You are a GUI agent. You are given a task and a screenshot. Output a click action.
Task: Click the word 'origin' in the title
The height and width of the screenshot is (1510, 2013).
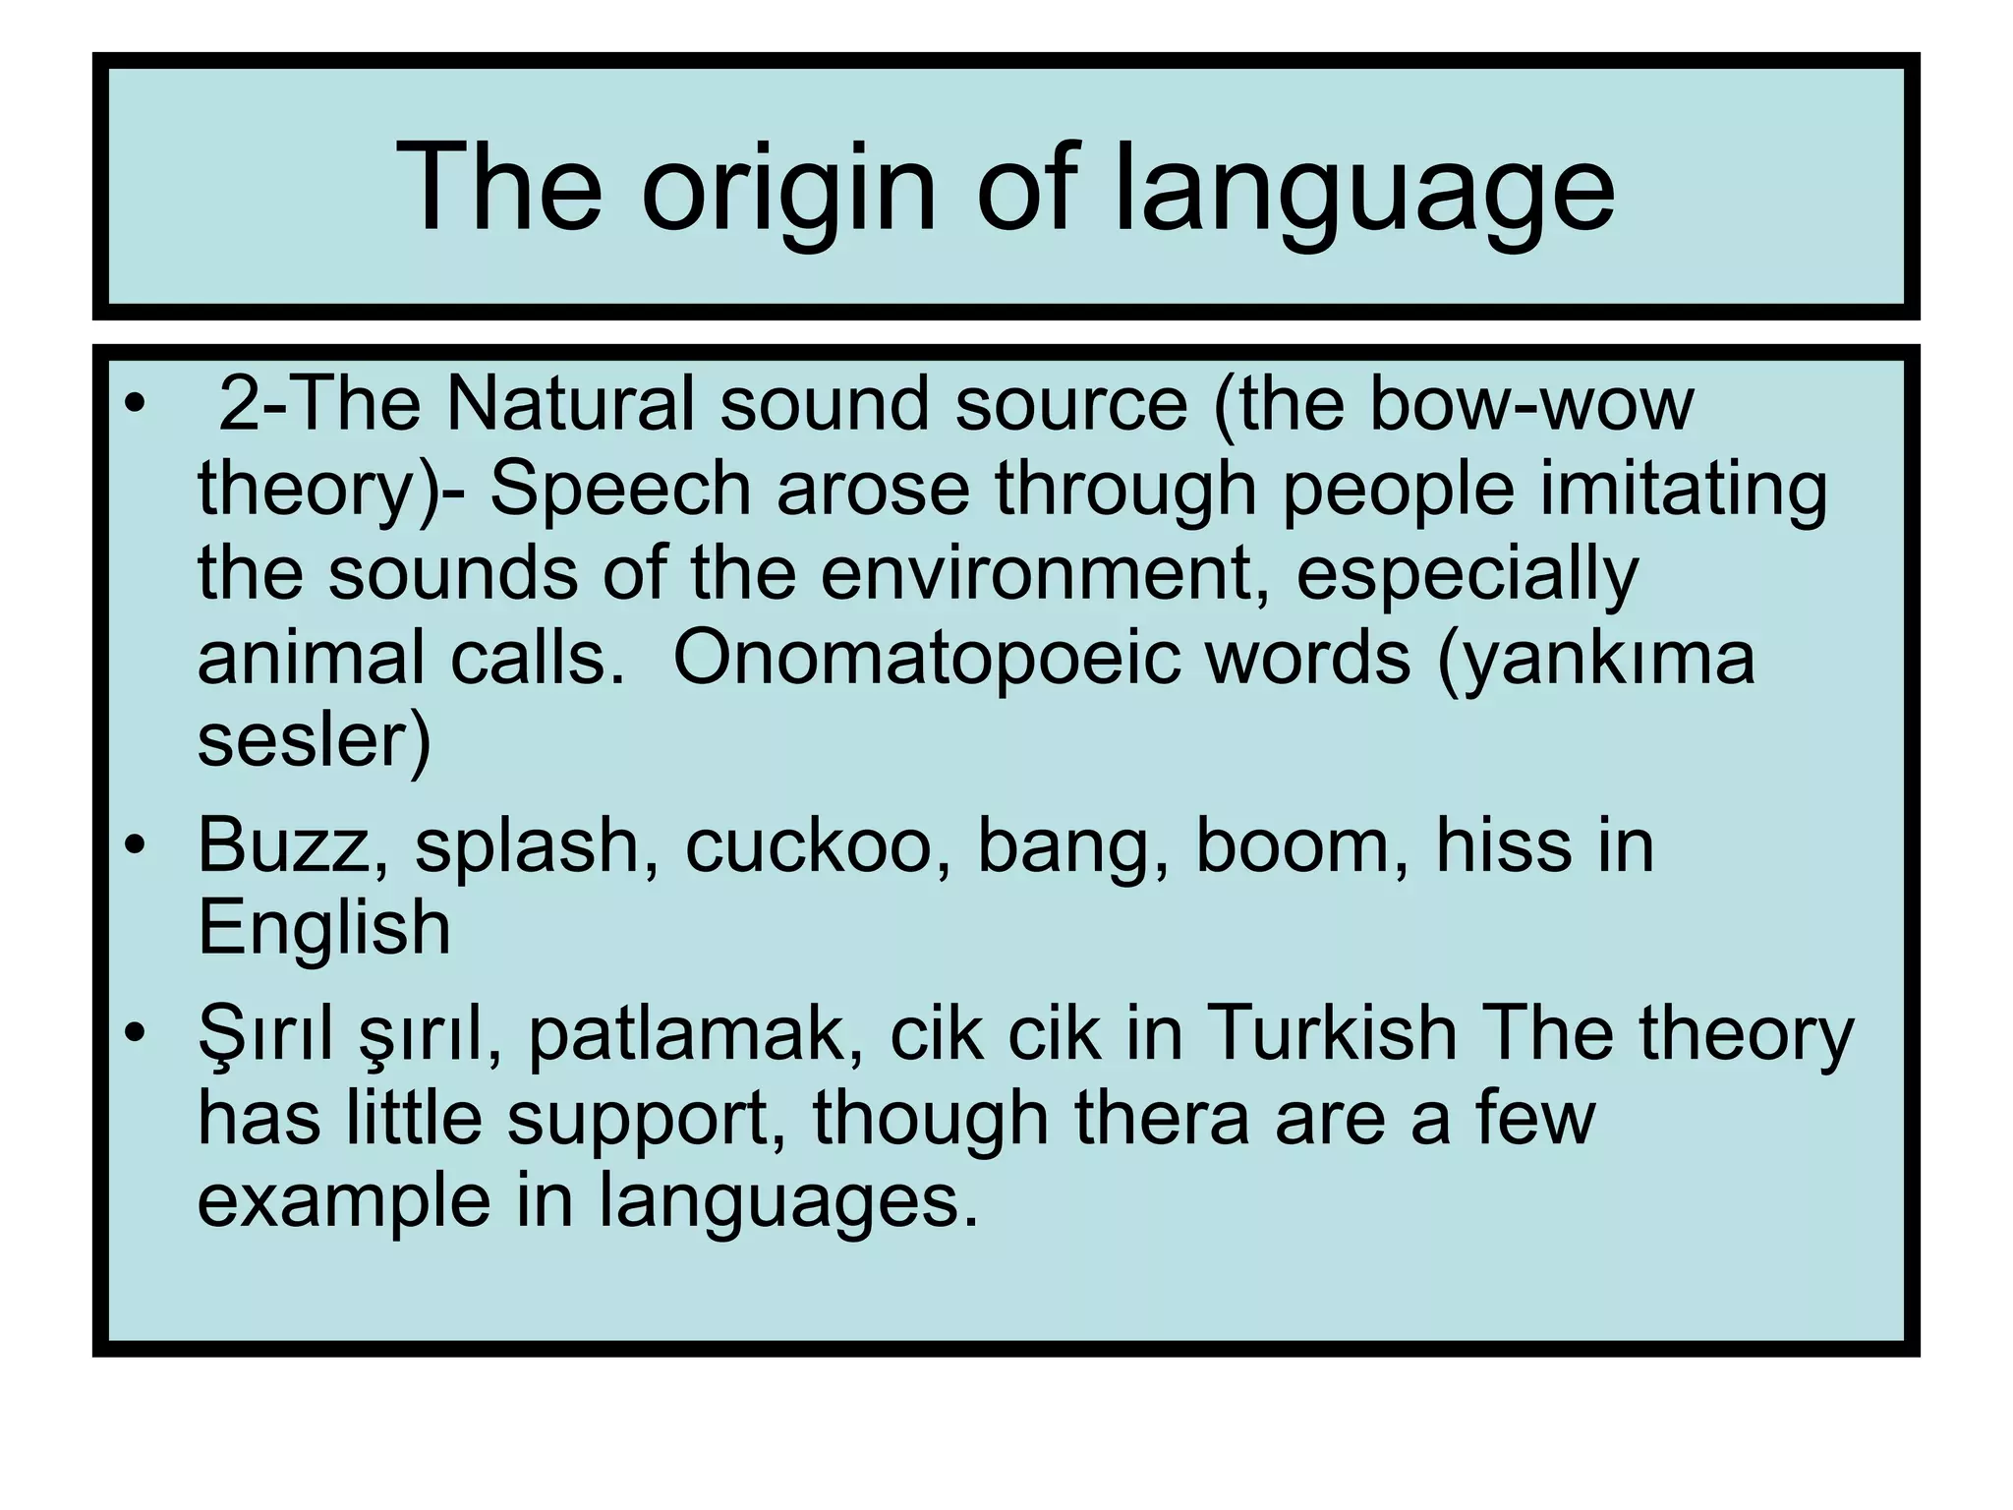pos(788,189)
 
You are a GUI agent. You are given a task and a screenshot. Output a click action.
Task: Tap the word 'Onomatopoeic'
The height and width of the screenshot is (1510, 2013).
pos(926,658)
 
